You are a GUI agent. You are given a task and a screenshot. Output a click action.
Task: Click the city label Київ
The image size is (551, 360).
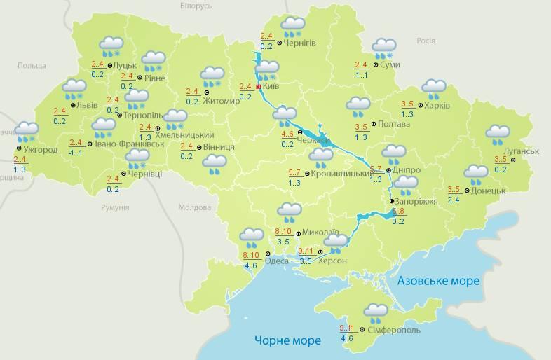coord(271,87)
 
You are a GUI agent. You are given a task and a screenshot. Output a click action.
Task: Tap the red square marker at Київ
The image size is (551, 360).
coord(259,87)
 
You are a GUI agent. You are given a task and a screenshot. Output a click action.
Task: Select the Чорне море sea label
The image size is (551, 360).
coord(287,340)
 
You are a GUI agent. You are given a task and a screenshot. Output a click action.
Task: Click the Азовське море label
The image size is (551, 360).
coord(438,281)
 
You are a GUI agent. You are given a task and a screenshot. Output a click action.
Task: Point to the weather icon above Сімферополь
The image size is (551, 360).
coord(376,312)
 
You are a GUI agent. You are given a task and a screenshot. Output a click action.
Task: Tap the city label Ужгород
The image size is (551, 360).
coord(41,149)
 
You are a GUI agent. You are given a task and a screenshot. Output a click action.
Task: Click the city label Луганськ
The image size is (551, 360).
coord(521,151)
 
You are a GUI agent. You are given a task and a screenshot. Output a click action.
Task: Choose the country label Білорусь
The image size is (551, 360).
coord(196,6)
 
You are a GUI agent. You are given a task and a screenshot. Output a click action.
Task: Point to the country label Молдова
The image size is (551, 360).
coord(194,208)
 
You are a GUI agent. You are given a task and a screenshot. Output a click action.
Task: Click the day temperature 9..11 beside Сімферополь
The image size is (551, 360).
coord(346,328)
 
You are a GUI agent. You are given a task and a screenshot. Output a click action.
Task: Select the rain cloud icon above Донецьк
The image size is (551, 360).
coord(476,174)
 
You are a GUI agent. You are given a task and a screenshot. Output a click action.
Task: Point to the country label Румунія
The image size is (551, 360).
coord(114,208)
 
